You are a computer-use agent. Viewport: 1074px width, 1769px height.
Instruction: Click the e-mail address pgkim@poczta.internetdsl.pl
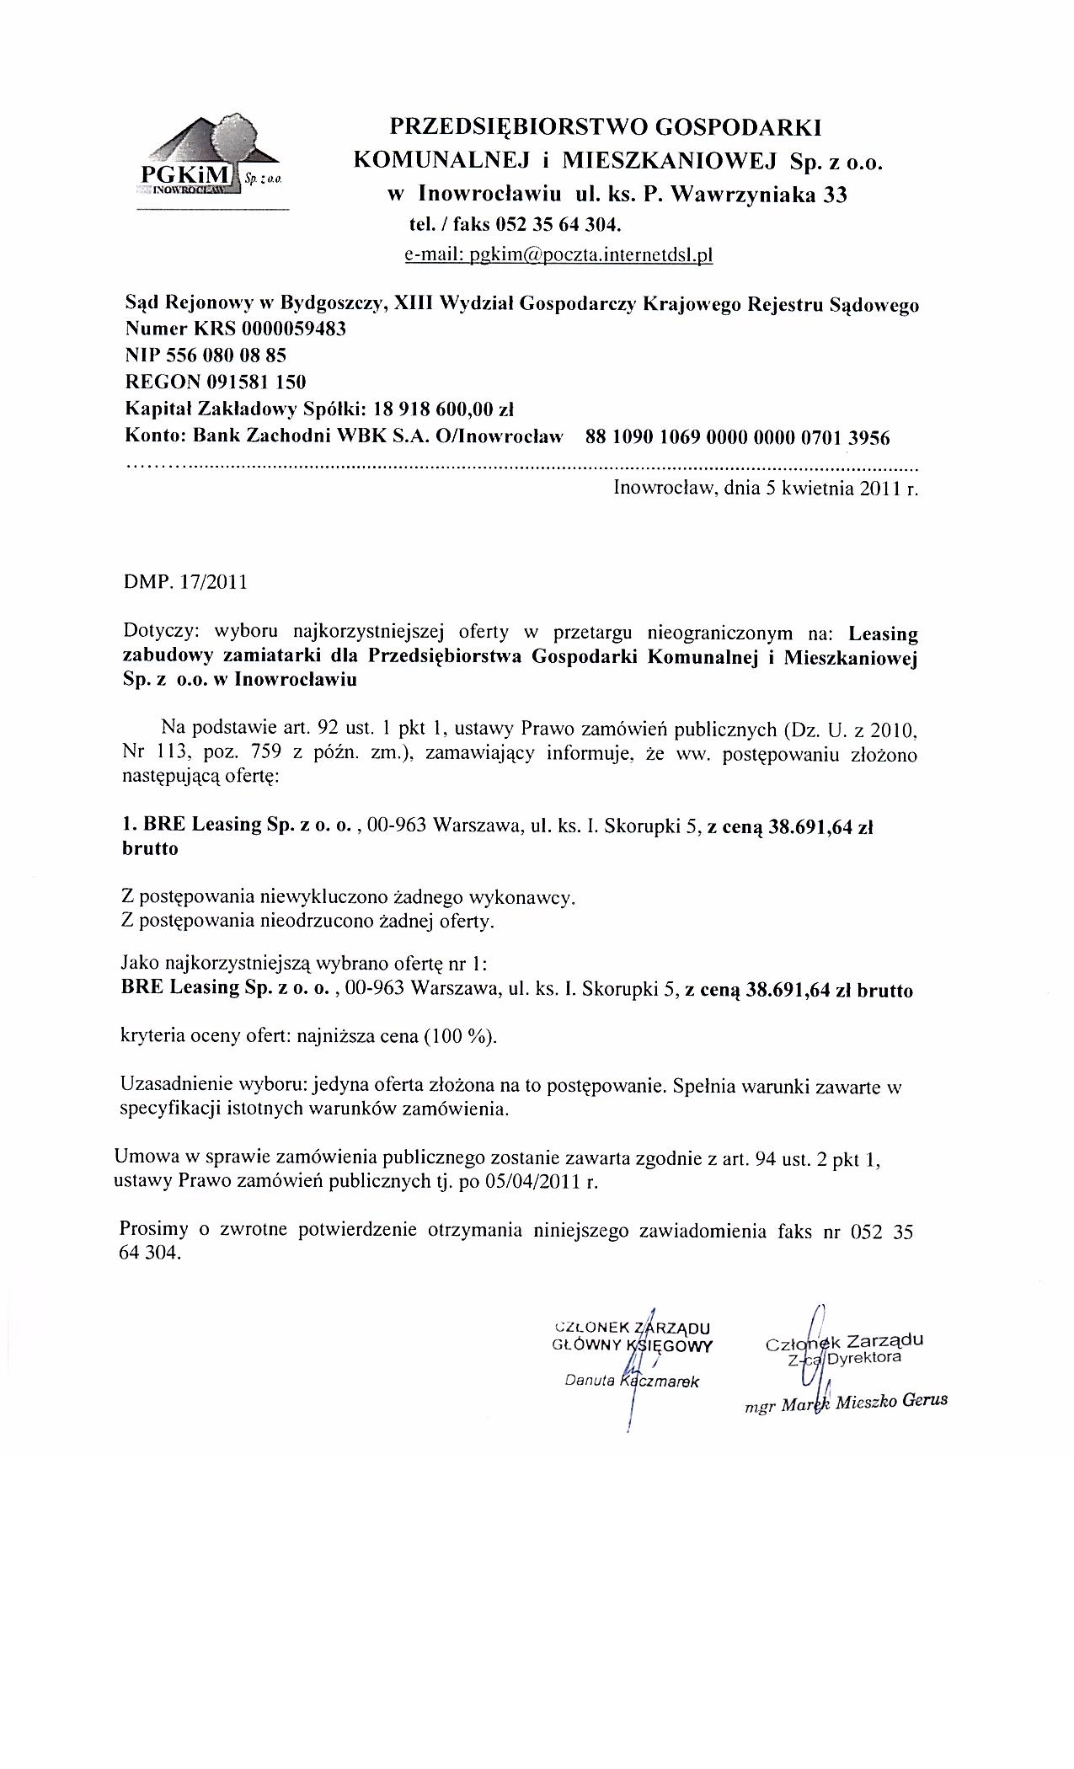pyautogui.click(x=558, y=255)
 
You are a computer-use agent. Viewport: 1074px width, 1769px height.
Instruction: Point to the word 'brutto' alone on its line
pyautogui.click(x=150, y=849)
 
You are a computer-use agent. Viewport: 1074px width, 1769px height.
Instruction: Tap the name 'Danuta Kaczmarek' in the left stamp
pyautogui.click(x=632, y=1382)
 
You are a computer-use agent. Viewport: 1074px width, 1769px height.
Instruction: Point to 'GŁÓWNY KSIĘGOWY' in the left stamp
pyautogui.click(x=632, y=1345)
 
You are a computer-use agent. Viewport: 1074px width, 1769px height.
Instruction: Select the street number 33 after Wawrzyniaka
pyautogui.click(x=835, y=195)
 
